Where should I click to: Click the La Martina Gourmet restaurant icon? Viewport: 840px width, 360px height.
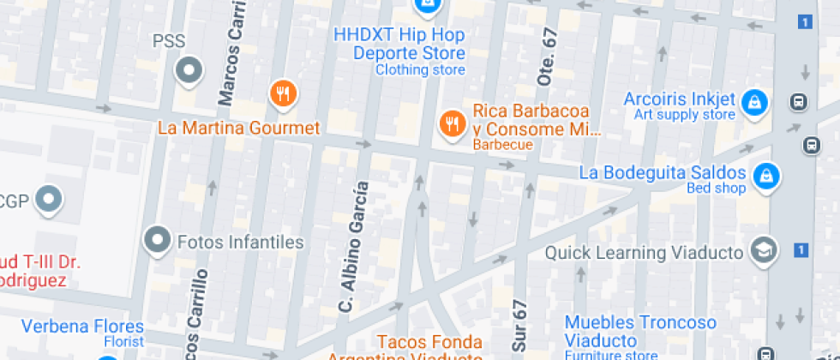pyautogui.click(x=283, y=93)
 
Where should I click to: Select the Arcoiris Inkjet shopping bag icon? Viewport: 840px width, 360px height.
pyautogui.click(x=755, y=102)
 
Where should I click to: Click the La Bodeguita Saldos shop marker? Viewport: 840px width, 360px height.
pyautogui.click(x=765, y=177)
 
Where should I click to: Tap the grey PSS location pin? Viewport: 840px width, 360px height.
pyautogui.click(x=188, y=70)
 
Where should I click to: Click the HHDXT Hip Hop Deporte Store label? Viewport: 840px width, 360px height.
pyautogui.click(x=399, y=43)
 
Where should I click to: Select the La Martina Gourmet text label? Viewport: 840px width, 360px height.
pyautogui.click(x=238, y=129)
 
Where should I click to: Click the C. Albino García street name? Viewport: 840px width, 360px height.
pyautogui.click(x=352, y=247)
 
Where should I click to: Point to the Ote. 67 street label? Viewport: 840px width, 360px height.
pyautogui.click(x=547, y=56)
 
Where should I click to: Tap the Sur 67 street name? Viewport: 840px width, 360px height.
pyautogui.click(x=520, y=327)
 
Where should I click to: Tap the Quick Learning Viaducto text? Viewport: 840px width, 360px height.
pyautogui.click(x=642, y=252)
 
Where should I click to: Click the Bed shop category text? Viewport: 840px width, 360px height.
pyautogui.click(x=716, y=189)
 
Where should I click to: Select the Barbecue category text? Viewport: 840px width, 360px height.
pyautogui.click(x=503, y=145)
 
